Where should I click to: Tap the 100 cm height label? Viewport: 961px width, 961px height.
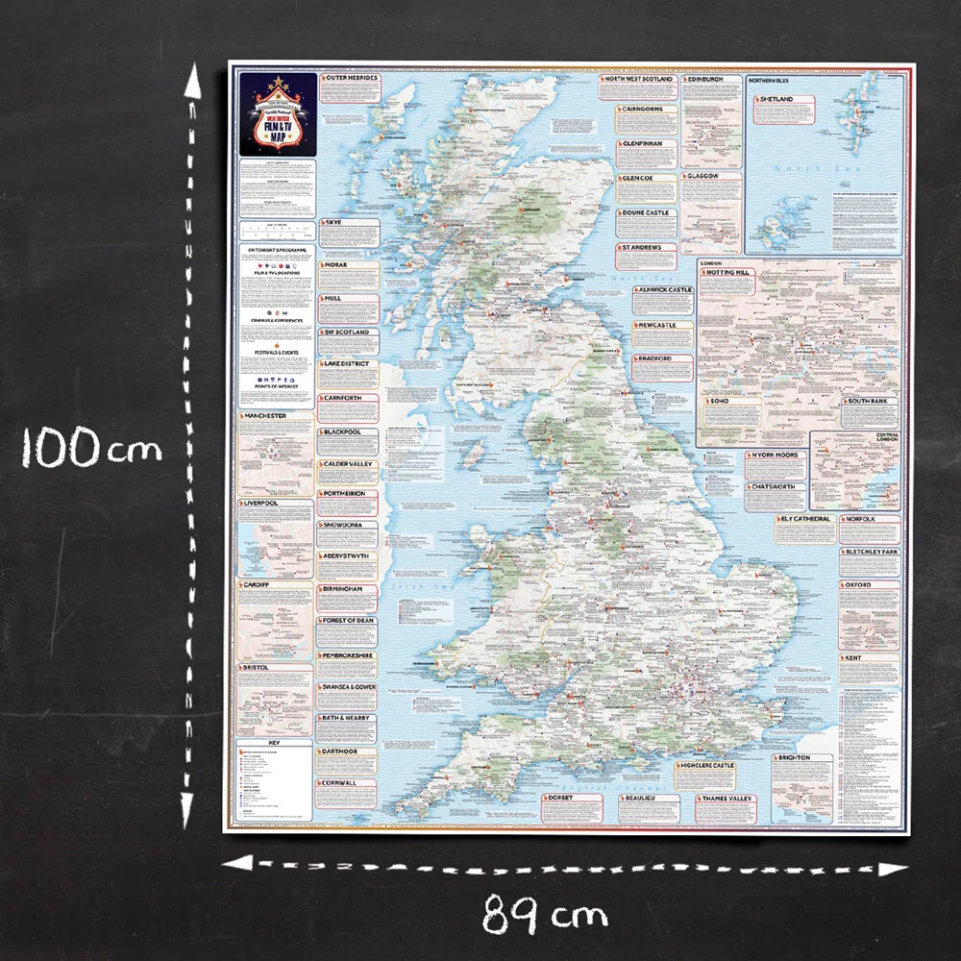[90, 448]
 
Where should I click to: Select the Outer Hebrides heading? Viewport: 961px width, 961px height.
[351, 78]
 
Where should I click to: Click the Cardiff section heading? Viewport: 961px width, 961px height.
[257, 583]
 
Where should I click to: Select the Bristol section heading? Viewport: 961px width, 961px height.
[257, 666]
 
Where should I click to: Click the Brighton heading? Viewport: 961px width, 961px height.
[794, 758]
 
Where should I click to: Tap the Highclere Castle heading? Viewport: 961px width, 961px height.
[706, 766]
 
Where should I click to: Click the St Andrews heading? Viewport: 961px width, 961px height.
[641, 247]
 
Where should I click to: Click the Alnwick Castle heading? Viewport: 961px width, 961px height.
[663, 289]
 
